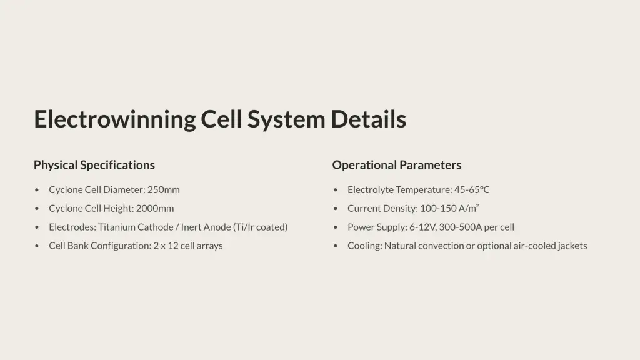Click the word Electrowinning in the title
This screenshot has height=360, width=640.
pos(115,119)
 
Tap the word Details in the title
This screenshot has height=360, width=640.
pos(368,119)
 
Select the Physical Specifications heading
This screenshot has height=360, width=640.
pos(94,165)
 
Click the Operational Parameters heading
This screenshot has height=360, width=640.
pos(397,165)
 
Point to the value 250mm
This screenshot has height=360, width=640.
pos(164,190)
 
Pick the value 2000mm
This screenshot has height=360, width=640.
pos(155,209)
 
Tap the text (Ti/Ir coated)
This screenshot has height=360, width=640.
pos(261,227)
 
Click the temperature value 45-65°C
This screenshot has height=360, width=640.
pos(472,190)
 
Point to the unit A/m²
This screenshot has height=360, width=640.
pos(469,209)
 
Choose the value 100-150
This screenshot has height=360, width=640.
pos(438,209)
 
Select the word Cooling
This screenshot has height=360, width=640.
pos(364,246)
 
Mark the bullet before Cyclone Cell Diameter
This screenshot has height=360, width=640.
pos(37,190)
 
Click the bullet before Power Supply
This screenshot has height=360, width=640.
pos(336,227)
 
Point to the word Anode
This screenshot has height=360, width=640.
pos(218,227)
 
